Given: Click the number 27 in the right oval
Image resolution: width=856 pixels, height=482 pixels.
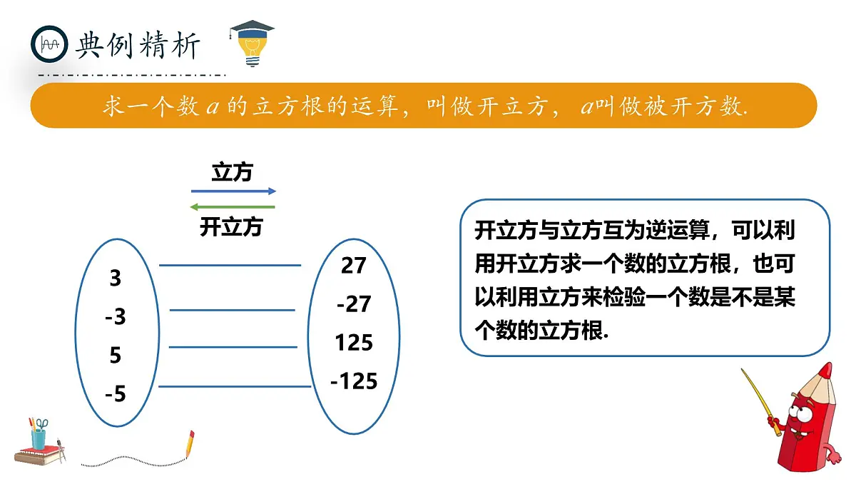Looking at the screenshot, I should tap(353, 266).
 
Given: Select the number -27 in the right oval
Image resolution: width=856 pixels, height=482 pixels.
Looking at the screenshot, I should tap(353, 304).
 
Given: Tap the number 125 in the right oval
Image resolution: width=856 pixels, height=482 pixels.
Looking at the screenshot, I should tap(354, 343).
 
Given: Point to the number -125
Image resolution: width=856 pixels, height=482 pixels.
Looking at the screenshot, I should tap(354, 381).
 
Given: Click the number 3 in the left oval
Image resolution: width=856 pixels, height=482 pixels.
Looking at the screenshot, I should tap(116, 278).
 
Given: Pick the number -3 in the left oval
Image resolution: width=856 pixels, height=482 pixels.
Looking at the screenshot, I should tap(115, 316).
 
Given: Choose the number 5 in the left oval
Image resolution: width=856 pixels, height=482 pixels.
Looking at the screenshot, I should tap(116, 355).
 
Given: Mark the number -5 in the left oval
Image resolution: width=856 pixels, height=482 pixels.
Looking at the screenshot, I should tap(115, 393).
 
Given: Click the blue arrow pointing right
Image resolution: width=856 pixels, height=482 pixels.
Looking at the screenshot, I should tap(233, 191).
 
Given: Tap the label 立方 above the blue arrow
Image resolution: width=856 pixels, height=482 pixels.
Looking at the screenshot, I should tap(232, 172).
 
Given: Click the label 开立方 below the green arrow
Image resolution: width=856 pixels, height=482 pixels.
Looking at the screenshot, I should tap(231, 227).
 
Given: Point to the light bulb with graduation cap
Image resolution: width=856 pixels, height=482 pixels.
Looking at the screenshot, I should tap(252, 43).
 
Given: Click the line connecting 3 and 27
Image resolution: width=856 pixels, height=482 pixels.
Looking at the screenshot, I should tap(230, 266).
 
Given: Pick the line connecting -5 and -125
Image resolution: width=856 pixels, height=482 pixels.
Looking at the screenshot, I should tap(234, 387).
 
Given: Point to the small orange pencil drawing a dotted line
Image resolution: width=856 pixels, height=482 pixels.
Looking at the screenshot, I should tap(190, 444).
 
